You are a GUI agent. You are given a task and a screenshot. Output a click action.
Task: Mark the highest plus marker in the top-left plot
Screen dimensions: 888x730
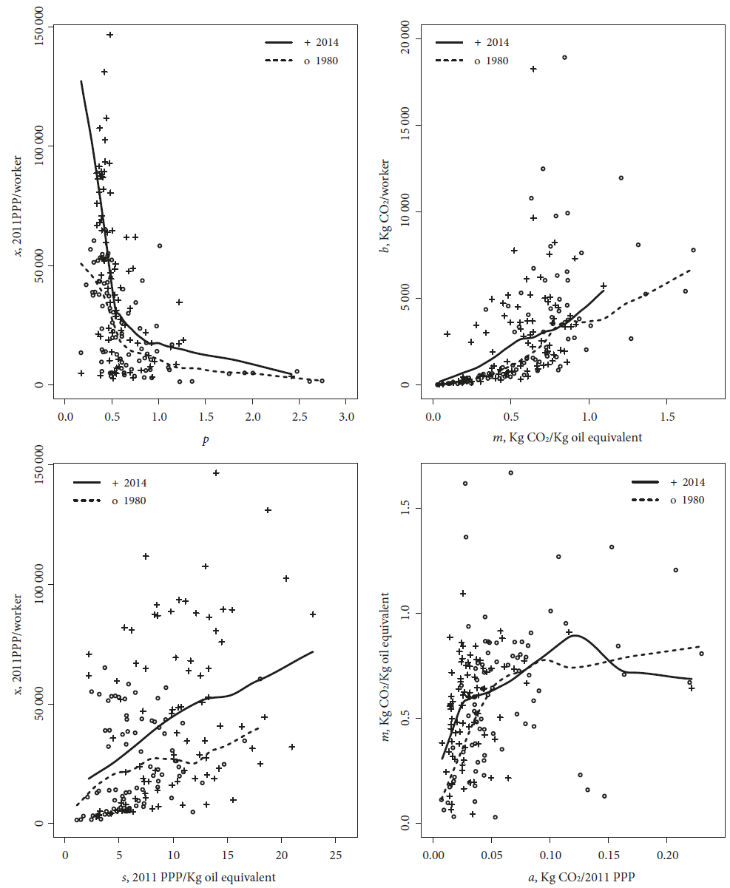click(109, 35)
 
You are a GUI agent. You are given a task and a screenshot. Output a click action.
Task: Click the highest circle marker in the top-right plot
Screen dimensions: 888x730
click(564, 57)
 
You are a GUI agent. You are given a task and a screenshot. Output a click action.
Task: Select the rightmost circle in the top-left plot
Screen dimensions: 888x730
click(322, 381)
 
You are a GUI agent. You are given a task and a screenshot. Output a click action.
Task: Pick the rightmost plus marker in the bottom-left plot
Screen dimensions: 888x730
click(313, 614)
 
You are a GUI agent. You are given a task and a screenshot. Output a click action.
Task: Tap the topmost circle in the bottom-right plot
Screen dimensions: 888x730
click(510, 472)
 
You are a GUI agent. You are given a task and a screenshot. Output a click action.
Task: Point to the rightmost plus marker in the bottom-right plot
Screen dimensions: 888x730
click(692, 688)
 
